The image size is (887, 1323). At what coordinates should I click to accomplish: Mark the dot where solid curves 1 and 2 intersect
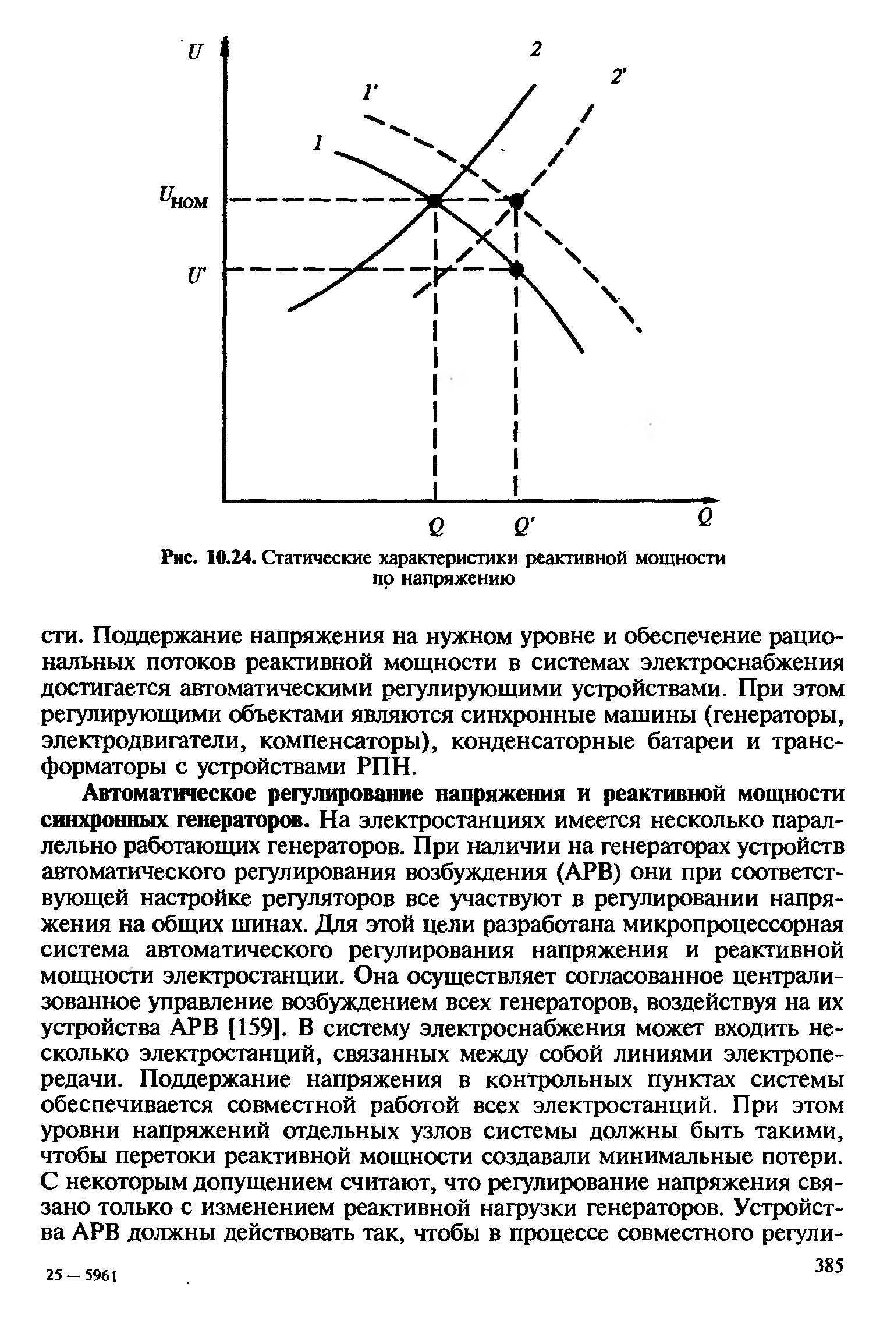[x=434, y=200]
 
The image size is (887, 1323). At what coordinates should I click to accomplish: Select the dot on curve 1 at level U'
[x=516, y=269]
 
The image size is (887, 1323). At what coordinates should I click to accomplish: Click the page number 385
[x=826, y=1268]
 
